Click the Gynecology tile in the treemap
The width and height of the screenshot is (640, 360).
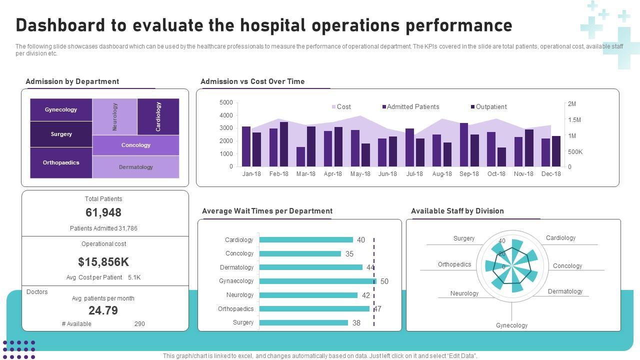61,110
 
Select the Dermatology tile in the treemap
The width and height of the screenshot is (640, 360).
135,167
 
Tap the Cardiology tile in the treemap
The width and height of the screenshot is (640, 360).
158,116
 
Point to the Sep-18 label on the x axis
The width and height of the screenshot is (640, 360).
469,174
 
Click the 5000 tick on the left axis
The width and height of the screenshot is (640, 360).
226,102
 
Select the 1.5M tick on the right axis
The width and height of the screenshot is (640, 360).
574,120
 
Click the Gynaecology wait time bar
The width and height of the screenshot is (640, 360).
317,281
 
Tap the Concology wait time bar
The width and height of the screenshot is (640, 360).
300,253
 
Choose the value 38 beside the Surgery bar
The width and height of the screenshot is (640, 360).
356,323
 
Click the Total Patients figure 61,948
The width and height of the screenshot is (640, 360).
103,212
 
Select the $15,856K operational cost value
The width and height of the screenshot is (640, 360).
103,262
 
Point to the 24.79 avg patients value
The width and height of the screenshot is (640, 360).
103,310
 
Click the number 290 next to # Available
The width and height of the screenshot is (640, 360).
139,324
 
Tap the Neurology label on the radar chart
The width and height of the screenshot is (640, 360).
464,293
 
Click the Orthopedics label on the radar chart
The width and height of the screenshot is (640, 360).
454,264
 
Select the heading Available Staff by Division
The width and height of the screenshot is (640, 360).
457,211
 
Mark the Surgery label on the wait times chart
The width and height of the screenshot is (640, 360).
243,322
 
